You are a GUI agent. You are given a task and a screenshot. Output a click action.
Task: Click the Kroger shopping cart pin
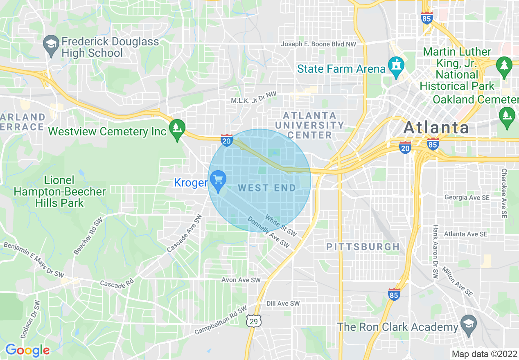(218, 180)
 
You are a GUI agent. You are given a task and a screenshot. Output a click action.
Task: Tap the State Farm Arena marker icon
(396, 67)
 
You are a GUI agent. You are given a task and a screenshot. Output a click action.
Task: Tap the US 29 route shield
(254, 322)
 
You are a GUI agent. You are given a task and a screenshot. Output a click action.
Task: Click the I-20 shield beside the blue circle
(226, 140)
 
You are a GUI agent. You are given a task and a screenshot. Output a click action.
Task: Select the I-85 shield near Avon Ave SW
(394, 293)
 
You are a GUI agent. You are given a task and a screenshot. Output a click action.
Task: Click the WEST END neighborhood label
(267, 188)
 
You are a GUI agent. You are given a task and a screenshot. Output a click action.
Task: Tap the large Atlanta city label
(436, 128)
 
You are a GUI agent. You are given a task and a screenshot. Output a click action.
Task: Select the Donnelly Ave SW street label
(269, 233)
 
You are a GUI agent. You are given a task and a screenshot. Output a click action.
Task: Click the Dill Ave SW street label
(283, 304)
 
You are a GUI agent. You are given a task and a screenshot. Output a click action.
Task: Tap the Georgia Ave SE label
(467, 197)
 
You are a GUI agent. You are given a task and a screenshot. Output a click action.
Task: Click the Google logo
(27, 350)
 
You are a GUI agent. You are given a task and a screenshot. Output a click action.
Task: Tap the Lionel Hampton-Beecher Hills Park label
(60, 191)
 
